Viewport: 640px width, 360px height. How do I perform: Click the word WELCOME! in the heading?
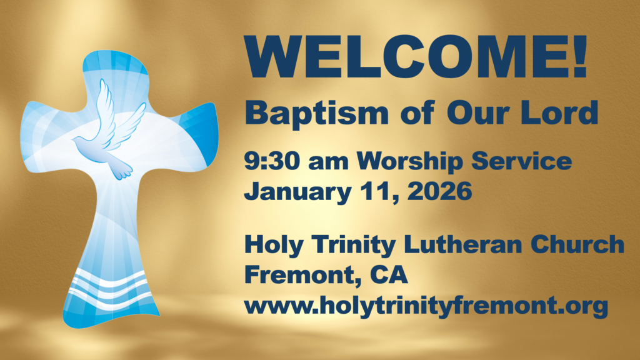coord(416,57)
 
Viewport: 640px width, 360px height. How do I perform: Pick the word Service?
coord(522,161)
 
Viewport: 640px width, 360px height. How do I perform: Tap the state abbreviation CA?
coord(389,275)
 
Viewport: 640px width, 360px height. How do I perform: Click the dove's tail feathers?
coord(122,171)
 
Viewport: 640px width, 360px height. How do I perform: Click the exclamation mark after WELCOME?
coord(580,57)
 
